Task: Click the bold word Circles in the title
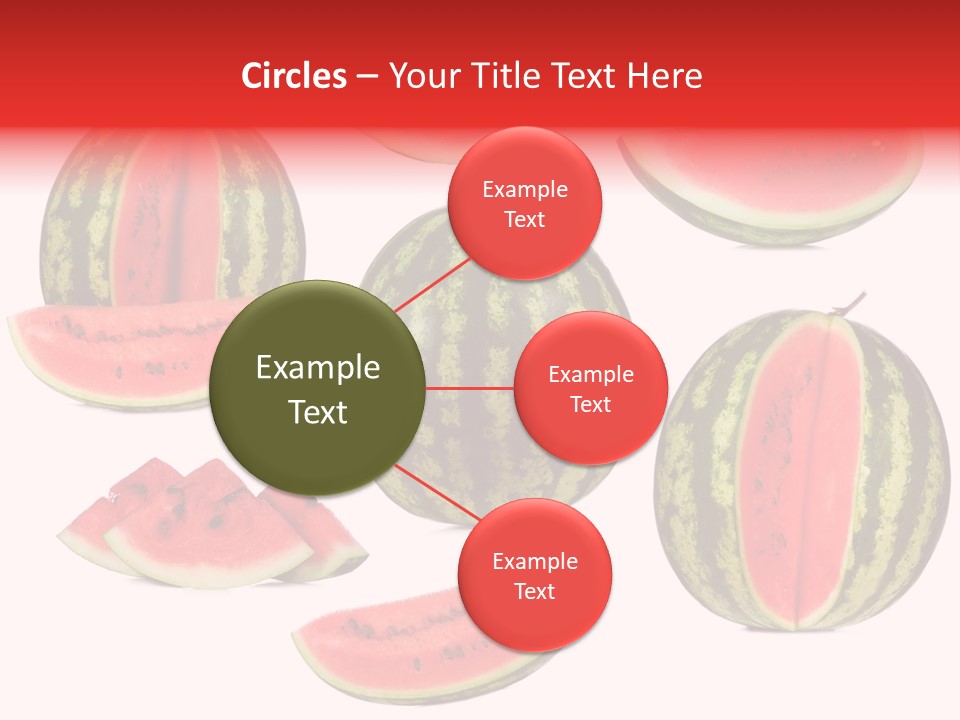[x=294, y=76]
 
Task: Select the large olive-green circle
[x=317, y=388]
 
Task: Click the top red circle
[x=524, y=203]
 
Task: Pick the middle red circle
[x=590, y=388]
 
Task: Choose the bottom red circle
[x=533, y=575]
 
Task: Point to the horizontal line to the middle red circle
[x=469, y=388]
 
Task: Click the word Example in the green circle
[x=317, y=368]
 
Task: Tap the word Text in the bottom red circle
[x=534, y=591]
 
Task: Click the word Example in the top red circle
[x=524, y=189]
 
